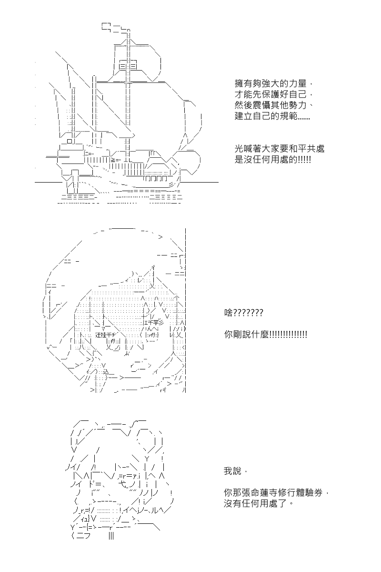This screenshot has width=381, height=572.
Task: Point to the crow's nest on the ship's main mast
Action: pyautogui.click(x=127, y=65)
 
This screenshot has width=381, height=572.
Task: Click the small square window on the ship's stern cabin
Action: pyautogui.click(x=70, y=141)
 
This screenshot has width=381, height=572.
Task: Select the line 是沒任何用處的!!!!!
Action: pyautogui.click(x=273, y=160)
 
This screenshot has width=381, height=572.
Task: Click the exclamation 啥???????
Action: pyautogui.click(x=243, y=313)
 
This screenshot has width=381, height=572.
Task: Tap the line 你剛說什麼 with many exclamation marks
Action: pyautogui.click(x=265, y=335)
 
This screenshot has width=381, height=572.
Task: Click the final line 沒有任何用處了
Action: pyautogui.click(x=257, y=504)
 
